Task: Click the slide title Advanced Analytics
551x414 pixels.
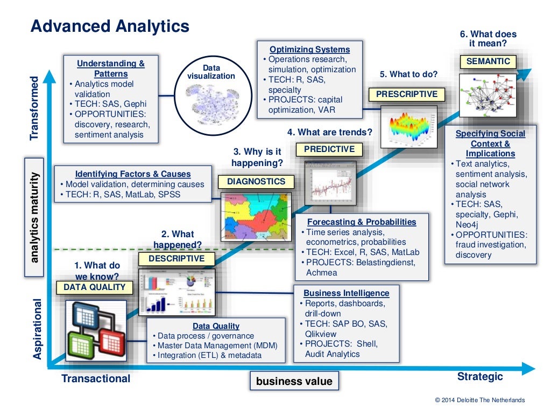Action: coord(109,26)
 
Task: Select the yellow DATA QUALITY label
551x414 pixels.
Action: coord(94,287)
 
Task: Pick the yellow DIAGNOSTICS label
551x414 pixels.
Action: coord(256,182)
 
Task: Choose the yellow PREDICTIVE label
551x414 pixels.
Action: coord(329,149)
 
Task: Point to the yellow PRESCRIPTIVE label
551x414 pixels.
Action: coord(407,94)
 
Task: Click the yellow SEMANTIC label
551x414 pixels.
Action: coord(488,61)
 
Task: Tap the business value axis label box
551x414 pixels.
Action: coord(294,381)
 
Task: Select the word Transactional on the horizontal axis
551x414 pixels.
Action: coord(96,378)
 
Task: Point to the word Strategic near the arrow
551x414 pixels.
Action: coord(480,376)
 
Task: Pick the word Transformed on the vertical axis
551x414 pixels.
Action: coord(36,108)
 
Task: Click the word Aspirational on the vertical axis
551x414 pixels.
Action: coord(37,329)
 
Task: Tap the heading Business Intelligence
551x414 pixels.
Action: coord(346,293)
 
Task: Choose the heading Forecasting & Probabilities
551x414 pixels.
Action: coord(362,222)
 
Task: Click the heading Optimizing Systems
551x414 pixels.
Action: coord(309,50)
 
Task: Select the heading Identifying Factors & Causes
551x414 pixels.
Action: coord(133,174)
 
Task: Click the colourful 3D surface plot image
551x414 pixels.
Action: coord(408,126)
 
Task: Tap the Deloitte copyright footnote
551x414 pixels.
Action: coord(479,400)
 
